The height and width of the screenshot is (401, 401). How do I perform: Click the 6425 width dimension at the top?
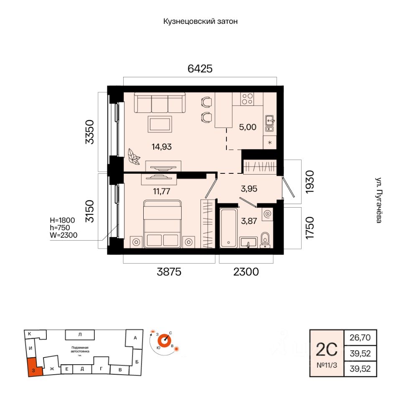coord(200,69)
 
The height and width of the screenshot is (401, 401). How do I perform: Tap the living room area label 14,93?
coord(161,146)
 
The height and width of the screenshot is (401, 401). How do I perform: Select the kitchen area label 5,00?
coord(248,127)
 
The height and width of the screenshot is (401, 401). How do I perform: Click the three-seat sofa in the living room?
coord(160,103)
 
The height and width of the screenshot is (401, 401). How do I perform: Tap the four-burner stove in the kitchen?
coord(247,99)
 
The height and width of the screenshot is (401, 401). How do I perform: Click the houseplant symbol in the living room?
coord(134,156)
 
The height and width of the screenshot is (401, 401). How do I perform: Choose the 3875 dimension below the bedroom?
coord(169,272)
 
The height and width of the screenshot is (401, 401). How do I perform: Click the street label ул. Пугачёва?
coord(378,200)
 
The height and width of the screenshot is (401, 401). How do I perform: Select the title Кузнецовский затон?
coord(200,21)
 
